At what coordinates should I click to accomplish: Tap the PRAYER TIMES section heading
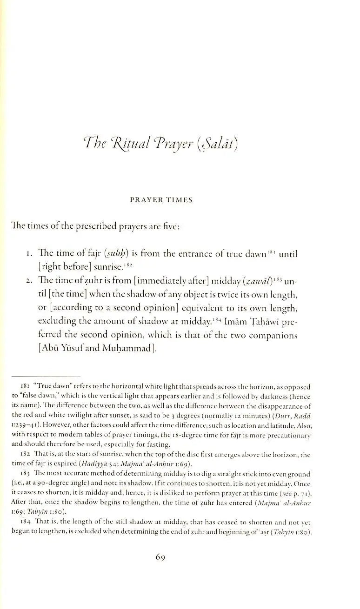[161, 200]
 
